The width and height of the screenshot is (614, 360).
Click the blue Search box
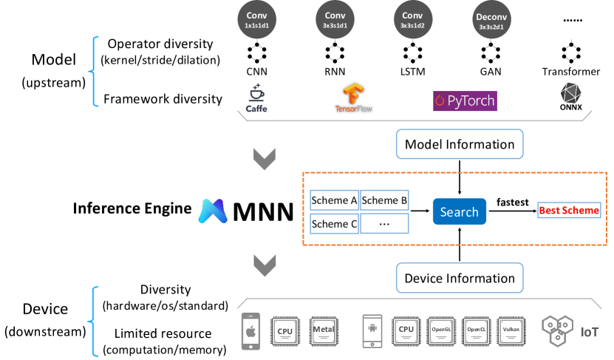459,211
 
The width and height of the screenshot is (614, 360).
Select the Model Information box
460,145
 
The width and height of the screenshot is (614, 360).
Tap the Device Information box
460,279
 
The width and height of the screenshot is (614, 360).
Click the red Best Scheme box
569,211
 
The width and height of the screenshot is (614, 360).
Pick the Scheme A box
334,200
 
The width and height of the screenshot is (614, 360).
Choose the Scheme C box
334,223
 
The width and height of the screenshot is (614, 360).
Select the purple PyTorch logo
464,100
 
